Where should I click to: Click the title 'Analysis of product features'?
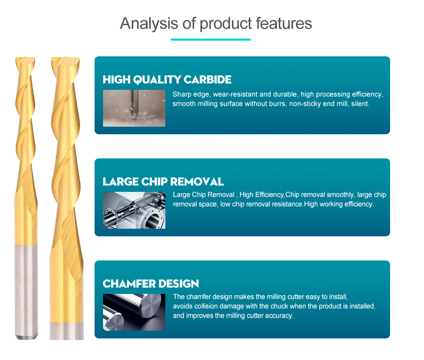click(x=216, y=23)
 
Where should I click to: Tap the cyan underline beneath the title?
click(x=211, y=39)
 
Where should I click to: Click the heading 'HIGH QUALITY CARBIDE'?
click(x=167, y=80)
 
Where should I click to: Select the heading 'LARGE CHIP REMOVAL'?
click(x=163, y=182)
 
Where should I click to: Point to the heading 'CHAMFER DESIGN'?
click(x=151, y=284)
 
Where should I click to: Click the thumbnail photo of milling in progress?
click(x=134, y=108)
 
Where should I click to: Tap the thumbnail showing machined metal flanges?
click(x=134, y=210)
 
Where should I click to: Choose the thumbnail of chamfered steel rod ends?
click(x=134, y=312)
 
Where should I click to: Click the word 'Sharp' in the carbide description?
click(x=181, y=94)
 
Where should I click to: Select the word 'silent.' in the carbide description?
click(x=360, y=104)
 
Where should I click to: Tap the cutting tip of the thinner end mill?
click(x=25, y=60)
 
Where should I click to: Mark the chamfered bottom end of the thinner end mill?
click(x=26, y=337)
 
